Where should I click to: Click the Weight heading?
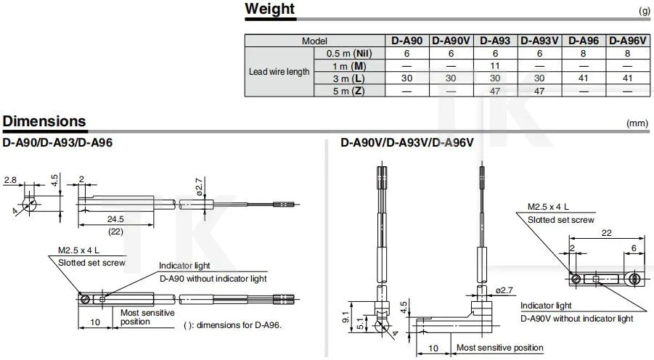tap(270, 9)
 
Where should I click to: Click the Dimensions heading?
tap(44, 121)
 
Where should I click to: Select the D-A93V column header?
tap(539, 41)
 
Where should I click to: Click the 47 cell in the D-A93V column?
tap(539, 90)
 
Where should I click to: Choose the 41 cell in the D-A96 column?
tap(584, 78)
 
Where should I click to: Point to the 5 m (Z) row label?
tap(346, 90)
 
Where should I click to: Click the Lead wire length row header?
tap(279, 72)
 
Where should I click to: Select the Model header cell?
tap(314, 41)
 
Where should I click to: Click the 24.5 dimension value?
tap(115, 218)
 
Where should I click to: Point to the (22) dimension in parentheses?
tap(115, 231)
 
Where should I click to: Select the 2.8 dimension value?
tap(10, 179)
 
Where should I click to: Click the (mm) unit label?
tap(637, 123)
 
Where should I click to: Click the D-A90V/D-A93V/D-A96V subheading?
tap(406, 143)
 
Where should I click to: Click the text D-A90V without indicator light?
tap(576, 318)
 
